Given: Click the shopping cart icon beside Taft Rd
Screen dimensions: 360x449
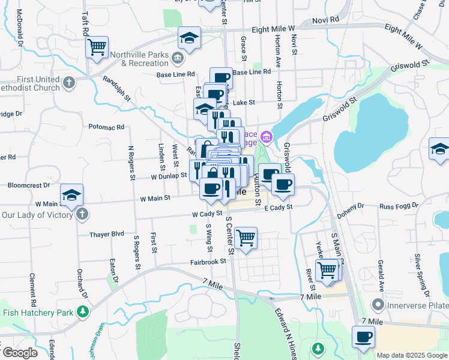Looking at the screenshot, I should [x=97, y=46].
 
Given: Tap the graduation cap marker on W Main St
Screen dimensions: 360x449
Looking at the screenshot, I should [x=71, y=194].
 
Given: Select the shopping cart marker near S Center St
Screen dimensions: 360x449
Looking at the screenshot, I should [x=246, y=238].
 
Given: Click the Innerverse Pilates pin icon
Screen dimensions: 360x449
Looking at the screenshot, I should [x=378, y=305].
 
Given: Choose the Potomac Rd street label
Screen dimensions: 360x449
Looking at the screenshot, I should [x=106, y=127].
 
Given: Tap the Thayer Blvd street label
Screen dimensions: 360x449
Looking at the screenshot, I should [x=106, y=235].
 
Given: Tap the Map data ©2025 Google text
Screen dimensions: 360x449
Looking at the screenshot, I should [x=412, y=355].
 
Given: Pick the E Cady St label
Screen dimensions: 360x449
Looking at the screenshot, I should [x=278, y=207].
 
